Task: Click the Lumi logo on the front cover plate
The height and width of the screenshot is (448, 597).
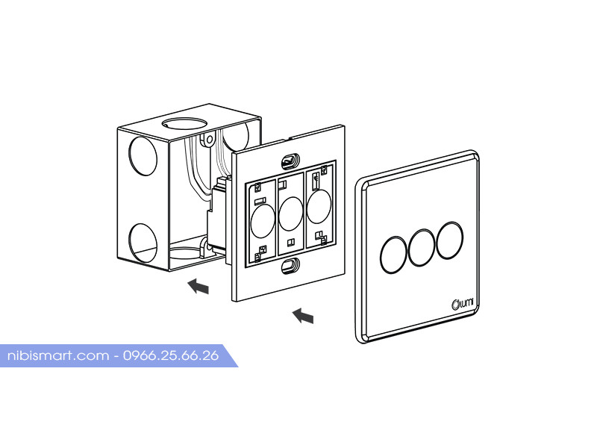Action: click(463, 304)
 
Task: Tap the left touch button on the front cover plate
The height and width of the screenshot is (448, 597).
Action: click(393, 255)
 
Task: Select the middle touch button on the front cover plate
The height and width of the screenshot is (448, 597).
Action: click(422, 248)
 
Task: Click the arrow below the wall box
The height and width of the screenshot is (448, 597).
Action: click(199, 286)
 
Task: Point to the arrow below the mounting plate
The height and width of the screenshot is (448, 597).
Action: click(303, 316)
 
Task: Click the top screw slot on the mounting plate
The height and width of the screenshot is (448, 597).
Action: click(290, 161)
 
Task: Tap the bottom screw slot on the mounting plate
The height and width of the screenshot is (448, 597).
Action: click(290, 266)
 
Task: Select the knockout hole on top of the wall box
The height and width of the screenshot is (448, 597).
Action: click(184, 123)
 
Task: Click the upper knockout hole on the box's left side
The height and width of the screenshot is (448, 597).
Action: click(143, 156)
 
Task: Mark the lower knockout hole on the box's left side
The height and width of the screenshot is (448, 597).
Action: click(143, 243)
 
